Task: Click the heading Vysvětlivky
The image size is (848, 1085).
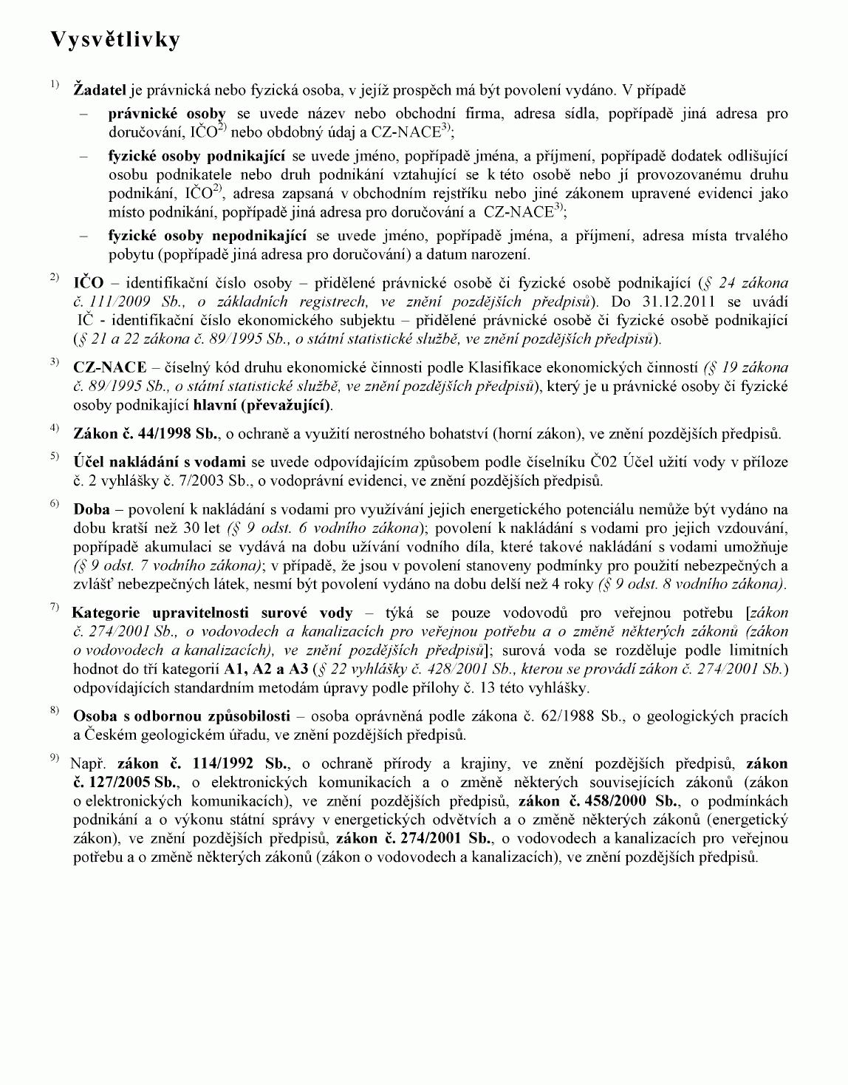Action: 115,40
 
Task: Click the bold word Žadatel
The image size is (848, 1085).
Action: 100,91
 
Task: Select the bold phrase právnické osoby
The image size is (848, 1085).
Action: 167,114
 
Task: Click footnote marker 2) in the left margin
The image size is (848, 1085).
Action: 55,277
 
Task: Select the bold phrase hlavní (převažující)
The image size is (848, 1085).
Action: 262,405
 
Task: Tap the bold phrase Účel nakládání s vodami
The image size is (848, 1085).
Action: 160,463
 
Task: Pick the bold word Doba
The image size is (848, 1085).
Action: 92,510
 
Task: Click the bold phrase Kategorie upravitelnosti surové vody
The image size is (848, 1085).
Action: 212,613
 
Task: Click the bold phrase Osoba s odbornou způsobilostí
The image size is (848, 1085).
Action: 182,716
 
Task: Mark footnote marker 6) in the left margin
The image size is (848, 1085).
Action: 55,504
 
